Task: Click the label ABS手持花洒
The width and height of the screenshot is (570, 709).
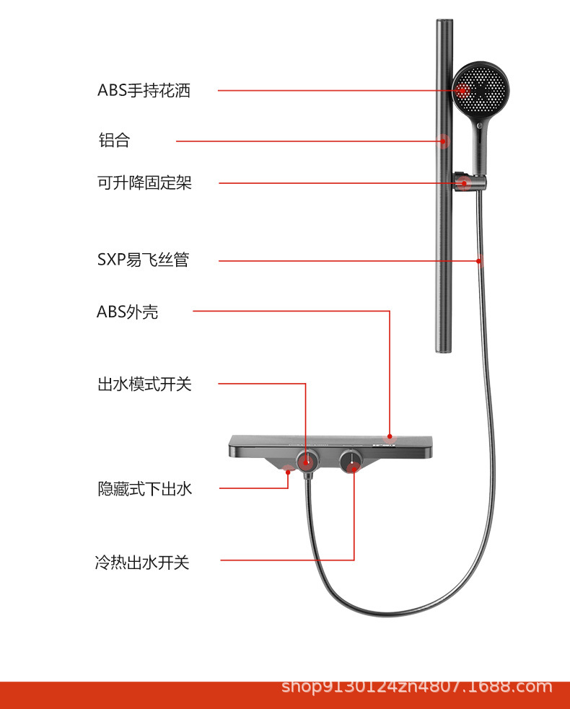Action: (144, 91)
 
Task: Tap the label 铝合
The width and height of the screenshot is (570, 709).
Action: (114, 141)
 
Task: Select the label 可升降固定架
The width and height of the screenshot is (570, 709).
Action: (144, 183)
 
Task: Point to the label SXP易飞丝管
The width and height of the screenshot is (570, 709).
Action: (143, 260)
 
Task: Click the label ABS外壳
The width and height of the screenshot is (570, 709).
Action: (128, 312)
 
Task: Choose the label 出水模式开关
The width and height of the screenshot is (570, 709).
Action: (144, 384)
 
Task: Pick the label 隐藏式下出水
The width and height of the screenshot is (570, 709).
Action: (145, 489)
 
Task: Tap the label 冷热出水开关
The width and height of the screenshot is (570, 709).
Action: (142, 562)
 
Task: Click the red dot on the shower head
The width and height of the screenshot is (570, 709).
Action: (462, 90)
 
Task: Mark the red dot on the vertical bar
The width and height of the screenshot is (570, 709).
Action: (444, 141)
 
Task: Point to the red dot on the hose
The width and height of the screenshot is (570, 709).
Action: (479, 260)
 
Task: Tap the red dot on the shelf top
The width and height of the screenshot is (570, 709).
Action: (390, 436)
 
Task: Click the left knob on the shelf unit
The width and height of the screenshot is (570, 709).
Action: (307, 459)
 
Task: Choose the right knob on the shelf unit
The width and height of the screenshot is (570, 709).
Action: (351, 459)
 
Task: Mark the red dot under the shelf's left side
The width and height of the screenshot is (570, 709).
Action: (289, 472)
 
